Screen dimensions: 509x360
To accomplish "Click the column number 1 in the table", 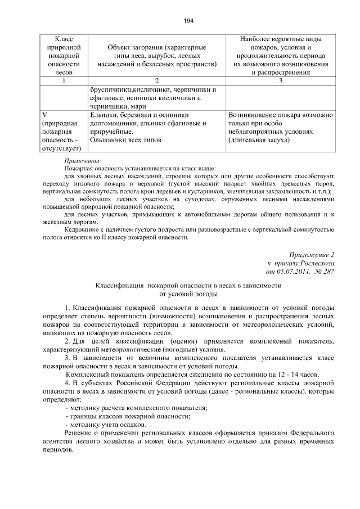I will [64, 80].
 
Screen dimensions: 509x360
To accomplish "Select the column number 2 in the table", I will [156, 80].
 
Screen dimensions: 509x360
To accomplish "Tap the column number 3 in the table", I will [280, 80].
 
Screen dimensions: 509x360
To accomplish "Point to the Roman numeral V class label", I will [44, 115].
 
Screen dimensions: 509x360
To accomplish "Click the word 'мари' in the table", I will [138, 106].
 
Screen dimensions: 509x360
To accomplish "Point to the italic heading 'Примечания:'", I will [82, 160].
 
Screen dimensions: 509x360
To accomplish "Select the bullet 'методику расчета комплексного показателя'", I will [138, 407].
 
